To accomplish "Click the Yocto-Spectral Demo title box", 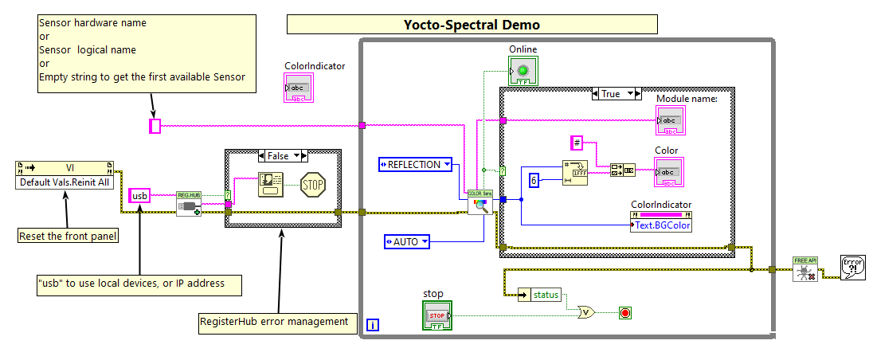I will tap(472, 25).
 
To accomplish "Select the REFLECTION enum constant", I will tap(415, 165).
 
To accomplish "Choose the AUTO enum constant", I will tap(406, 241).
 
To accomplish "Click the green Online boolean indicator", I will tap(523, 72).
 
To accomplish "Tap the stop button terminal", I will tap(437, 315).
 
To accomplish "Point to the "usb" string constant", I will tap(140, 195).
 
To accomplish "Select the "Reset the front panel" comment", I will tap(68, 235).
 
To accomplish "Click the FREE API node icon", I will tap(804, 269).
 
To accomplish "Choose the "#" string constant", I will tap(577, 143).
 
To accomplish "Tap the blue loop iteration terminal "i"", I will tap(373, 324).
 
